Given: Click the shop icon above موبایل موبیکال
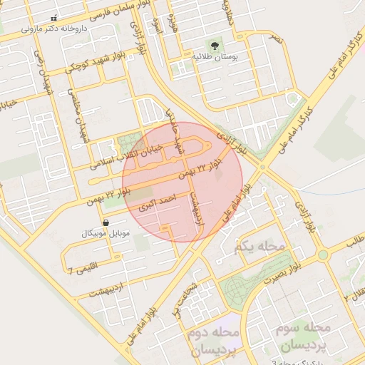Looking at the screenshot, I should pos(106,223).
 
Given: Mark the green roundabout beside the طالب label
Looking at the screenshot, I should pos(323,254).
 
